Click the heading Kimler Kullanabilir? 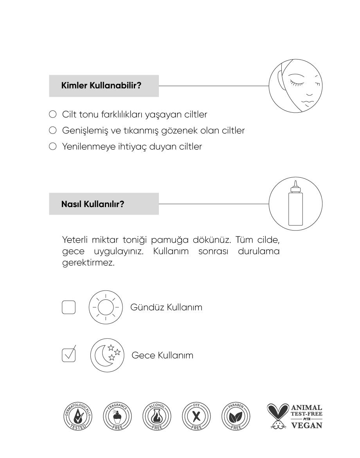(x=101, y=86)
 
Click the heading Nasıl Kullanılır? (x=92, y=204)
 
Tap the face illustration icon (x=295, y=86)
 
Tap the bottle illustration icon (x=295, y=204)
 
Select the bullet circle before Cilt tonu (x=53, y=114)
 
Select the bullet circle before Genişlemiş (x=53, y=130)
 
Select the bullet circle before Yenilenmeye (x=53, y=146)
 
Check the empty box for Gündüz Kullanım (x=68, y=307)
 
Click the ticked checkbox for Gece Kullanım (x=68, y=355)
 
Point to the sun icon (x=105, y=307)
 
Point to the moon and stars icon (x=107, y=355)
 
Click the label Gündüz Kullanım (x=166, y=307)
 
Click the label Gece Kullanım (x=162, y=355)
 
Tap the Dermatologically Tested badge (x=78, y=416)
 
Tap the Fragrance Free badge (x=117, y=416)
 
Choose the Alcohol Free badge (x=157, y=416)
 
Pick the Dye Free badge (x=196, y=416)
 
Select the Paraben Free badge (x=236, y=416)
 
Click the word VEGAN (x=306, y=426)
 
